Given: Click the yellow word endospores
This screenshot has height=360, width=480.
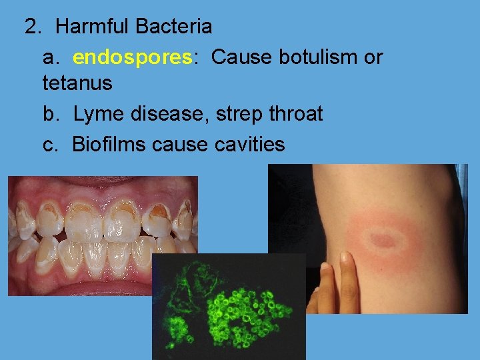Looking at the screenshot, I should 131,57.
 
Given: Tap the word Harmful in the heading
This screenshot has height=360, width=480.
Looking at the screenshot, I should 93,27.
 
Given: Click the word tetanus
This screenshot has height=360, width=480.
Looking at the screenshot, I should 77,84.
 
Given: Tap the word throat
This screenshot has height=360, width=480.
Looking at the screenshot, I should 295,114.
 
